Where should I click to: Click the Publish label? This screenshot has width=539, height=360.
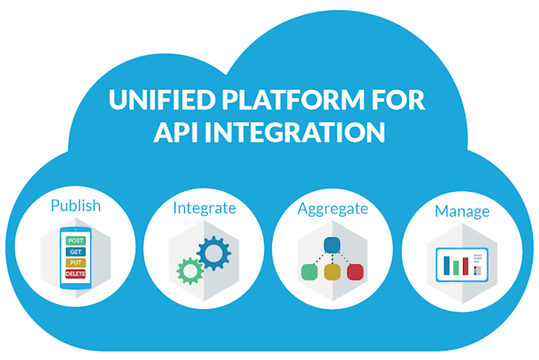tap(75, 205)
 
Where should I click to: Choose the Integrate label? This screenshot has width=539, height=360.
tap(205, 208)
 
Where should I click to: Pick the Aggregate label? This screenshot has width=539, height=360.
tap(333, 209)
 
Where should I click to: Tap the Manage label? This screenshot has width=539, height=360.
tap(461, 212)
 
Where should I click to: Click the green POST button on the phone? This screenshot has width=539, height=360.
tap(75, 240)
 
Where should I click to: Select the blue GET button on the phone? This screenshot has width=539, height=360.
tap(75, 251)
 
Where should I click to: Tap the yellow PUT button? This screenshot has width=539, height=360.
tap(75, 262)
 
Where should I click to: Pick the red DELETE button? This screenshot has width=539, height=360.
tap(75, 274)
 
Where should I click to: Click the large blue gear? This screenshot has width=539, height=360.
tap(213, 254)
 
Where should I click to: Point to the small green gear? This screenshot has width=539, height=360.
tap(190, 271)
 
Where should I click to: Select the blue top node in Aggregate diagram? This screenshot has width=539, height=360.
tap(332, 244)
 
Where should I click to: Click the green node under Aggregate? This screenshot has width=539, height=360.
tap(309, 272)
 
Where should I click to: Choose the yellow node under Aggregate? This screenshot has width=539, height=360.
tap(332, 272)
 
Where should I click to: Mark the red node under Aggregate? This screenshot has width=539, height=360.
tap(355, 272)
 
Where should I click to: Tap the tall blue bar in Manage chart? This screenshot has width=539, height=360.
tap(446, 264)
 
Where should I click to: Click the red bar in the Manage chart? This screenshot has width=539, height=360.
tap(465, 267)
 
